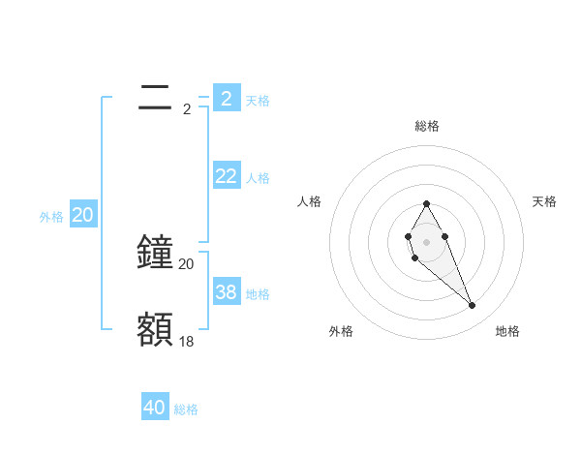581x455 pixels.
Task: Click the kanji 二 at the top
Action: pos(155,97)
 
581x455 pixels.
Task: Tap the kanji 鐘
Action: pos(155,252)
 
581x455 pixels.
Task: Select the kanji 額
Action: pos(155,329)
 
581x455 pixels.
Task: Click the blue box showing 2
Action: pos(227,98)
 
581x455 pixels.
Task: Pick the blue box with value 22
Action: pos(227,175)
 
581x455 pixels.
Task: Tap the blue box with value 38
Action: pos(227,291)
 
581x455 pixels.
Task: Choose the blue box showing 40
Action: pos(155,408)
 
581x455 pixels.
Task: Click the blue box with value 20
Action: pos(83,215)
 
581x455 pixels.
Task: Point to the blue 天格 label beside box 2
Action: pos(258,100)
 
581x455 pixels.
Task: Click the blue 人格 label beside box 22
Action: pos(258,178)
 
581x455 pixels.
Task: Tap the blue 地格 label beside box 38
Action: pos(258,294)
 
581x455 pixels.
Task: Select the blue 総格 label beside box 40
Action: pos(186,409)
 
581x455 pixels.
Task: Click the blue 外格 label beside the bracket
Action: pos(51,218)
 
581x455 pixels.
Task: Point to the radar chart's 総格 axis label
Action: pos(427,126)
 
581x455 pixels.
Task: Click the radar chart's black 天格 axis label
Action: pos(544,201)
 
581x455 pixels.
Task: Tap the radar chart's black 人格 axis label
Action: pos(310,201)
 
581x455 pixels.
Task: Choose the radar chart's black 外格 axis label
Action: pos(341,331)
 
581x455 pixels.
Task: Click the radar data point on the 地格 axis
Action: pos(473,306)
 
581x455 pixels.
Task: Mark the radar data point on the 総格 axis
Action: pos(426,203)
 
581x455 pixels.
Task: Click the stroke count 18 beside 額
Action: pos(187,341)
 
